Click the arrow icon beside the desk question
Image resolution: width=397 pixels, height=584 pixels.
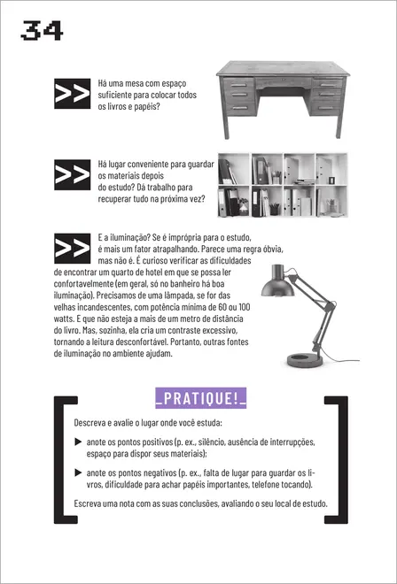coord(72,94)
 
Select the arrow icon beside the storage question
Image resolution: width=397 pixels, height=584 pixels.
coord(72,174)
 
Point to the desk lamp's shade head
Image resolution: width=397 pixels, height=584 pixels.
coord(274,284)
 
